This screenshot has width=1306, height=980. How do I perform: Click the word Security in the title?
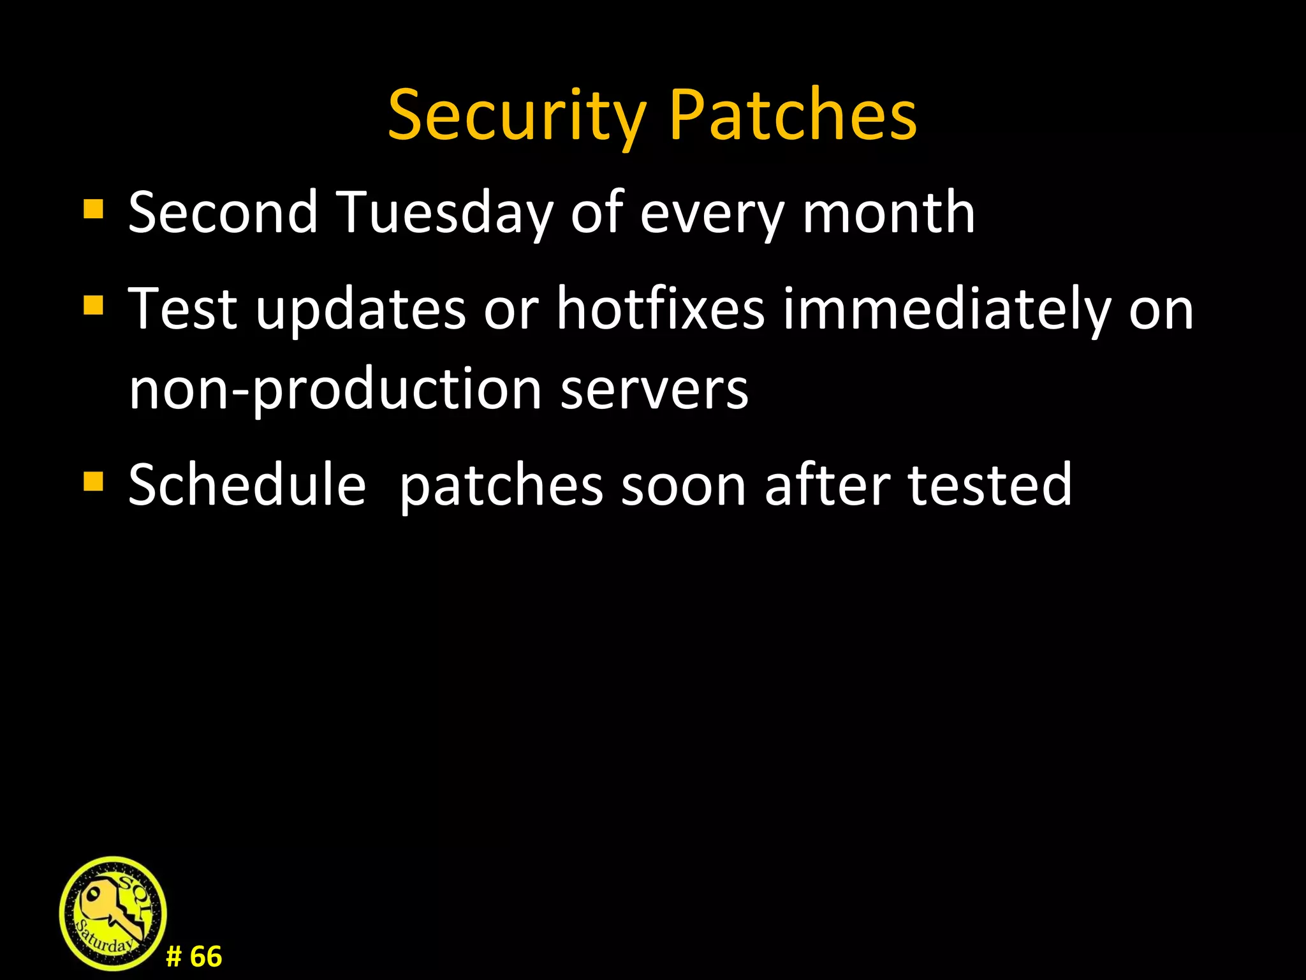pos(517,116)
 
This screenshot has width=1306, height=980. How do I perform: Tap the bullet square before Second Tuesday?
pos(93,209)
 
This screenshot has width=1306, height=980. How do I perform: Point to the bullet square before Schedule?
pos(93,482)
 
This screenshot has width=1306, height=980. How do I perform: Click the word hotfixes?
pos(660,309)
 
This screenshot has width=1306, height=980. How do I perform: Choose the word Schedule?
pos(247,485)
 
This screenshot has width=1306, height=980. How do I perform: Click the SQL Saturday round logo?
pos(113,913)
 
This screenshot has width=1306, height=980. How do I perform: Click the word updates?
pos(361,310)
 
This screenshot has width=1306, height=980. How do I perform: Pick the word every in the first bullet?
pos(712,214)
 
